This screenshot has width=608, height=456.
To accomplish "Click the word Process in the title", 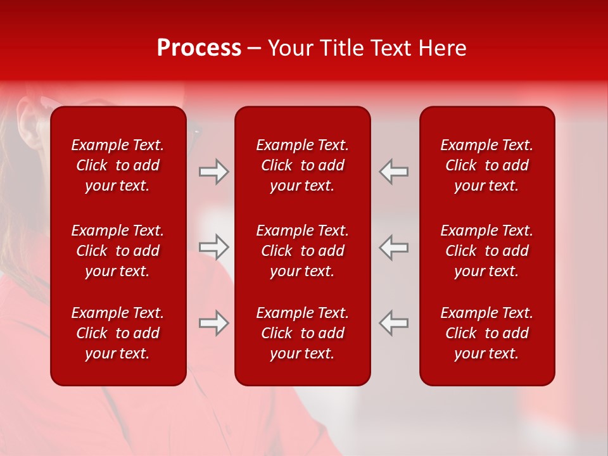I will tap(199, 48).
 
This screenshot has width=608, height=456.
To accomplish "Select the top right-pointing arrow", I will tap(214, 172).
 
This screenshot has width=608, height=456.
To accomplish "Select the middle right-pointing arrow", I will tap(214, 247).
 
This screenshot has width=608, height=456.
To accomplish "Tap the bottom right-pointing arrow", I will tap(214, 323).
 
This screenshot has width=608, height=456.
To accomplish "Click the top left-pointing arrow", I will tap(393, 172).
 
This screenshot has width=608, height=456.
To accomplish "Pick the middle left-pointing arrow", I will tap(393, 247).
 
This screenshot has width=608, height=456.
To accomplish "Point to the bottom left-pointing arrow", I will tap(393, 323).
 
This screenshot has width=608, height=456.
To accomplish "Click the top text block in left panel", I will tap(118, 165).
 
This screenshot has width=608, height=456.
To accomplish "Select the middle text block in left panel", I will tap(118, 251).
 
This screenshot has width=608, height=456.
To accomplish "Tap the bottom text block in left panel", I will tap(118, 333).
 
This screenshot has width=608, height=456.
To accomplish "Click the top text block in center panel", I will tap(302, 165).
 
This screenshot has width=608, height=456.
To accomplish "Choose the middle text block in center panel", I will tap(302, 251).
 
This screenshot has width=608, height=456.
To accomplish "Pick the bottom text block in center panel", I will tap(302, 333).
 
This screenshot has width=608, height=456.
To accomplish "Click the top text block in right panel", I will tap(486, 165).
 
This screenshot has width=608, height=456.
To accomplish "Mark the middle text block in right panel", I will tap(486, 251).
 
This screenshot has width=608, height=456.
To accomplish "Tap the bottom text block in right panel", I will tap(486, 333).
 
